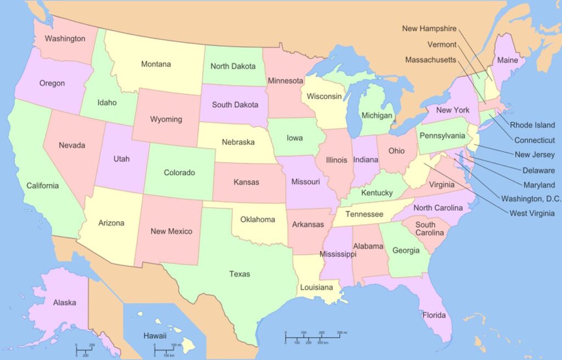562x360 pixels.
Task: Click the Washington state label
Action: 65,39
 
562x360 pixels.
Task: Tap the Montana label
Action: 156,64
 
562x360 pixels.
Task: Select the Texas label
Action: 239,274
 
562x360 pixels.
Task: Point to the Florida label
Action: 434,316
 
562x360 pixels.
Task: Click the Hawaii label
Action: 155,336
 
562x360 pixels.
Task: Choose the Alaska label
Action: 64,302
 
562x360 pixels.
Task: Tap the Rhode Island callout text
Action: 532,125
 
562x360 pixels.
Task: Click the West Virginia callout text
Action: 532,213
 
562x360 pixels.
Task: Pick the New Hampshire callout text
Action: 429,29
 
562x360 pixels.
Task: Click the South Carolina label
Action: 425,228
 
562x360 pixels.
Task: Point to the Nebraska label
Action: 238,142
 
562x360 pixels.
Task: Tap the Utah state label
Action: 121,159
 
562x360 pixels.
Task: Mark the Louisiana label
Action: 316,288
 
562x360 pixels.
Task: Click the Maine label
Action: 507,60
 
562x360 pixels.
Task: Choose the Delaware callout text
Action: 538,170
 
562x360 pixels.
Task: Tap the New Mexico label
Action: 171,231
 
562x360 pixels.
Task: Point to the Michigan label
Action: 377,116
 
